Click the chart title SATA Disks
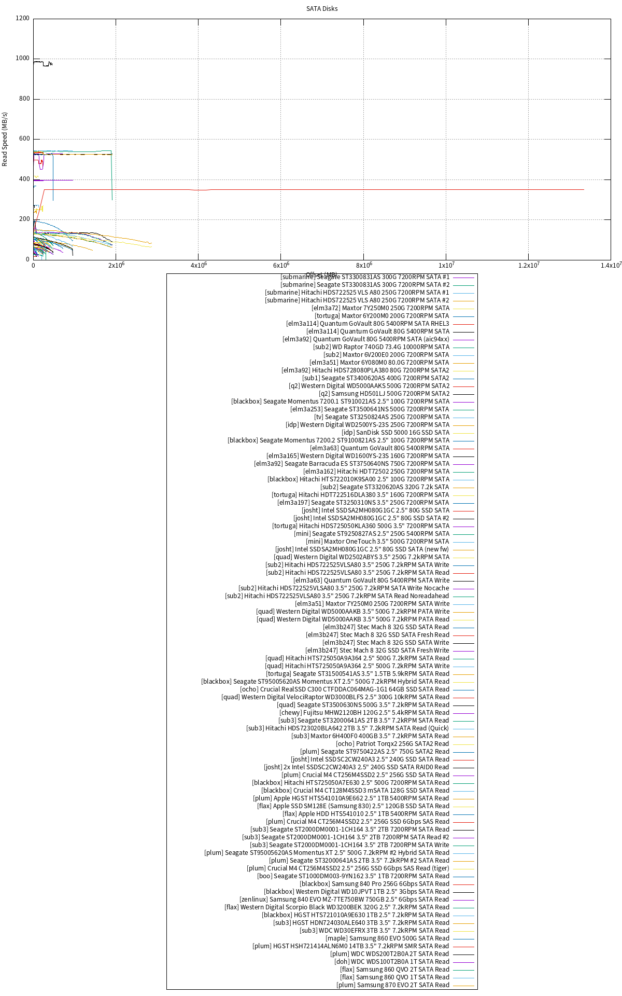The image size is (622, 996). (322, 8)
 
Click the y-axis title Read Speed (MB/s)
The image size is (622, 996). (5, 139)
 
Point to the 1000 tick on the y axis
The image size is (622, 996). (22, 59)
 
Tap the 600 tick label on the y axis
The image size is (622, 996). (22, 139)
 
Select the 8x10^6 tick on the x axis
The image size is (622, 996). (363, 266)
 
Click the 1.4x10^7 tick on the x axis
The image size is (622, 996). (611, 266)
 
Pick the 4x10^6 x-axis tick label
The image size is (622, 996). (199, 266)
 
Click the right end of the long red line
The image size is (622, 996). (584, 190)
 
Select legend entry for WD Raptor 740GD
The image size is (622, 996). (381, 347)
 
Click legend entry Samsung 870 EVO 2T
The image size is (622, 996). (392, 985)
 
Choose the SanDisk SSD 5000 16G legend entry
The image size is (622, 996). (395, 433)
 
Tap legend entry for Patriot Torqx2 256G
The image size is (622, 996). (392, 744)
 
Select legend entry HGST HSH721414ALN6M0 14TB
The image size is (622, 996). (350, 946)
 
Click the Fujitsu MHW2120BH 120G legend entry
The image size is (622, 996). (364, 713)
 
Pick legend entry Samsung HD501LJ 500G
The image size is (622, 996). (384, 394)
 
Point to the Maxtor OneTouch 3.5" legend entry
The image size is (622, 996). (377, 542)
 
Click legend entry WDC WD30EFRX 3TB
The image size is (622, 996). (374, 931)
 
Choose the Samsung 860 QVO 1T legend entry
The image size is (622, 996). (394, 977)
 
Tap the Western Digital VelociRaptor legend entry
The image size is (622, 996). (335, 697)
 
